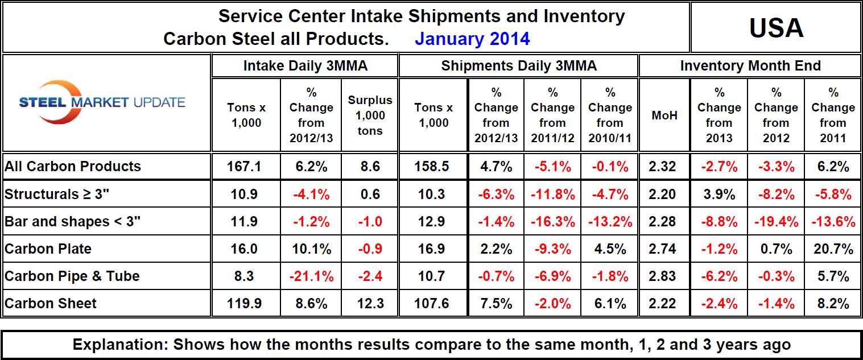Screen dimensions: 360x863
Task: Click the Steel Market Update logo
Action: (x=102, y=102)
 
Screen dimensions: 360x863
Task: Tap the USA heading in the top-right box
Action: (x=776, y=27)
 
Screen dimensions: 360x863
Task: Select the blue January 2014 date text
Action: (x=472, y=39)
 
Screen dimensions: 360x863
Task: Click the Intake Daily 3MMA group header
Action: (x=305, y=66)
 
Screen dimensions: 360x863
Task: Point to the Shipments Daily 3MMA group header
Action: (x=519, y=66)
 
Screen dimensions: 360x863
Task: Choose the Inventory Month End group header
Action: (x=750, y=66)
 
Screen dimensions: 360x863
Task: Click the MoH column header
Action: (x=664, y=115)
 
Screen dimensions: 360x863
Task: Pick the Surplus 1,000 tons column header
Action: (x=370, y=115)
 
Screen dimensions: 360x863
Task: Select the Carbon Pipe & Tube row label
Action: (x=72, y=276)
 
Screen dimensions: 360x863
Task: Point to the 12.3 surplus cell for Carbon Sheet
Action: (x=370, y=303)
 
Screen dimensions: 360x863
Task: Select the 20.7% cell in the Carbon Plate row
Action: (x=832, y=249)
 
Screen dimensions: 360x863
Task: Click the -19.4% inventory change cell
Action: (x=775, y=221)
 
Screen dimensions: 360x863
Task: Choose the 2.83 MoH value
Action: (x=664, y=276)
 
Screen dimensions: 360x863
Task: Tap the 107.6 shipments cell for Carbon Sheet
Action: (x=432, y=303)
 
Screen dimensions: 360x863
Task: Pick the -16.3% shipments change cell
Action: (x=552, y=221)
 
